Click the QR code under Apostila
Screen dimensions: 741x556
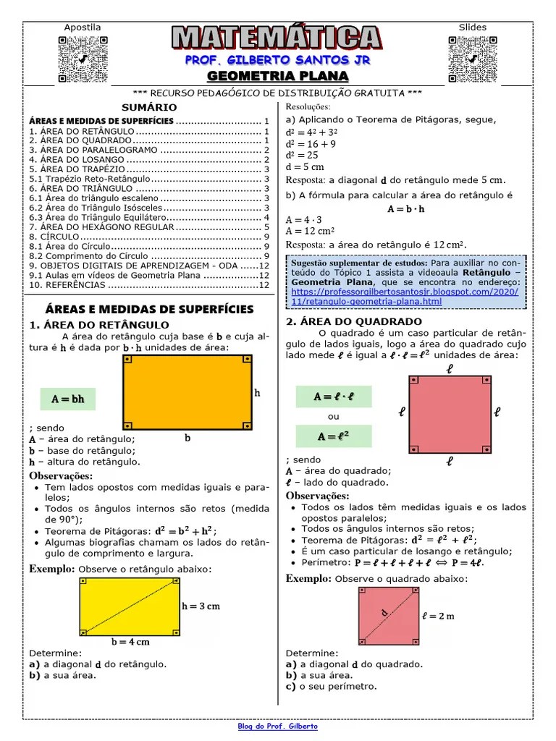(x=82, y=59)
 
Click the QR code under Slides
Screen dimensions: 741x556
(x=472, y=59)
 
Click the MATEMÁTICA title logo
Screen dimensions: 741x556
(x=277, y=38)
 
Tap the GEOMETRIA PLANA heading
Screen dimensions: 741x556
(x=278, y=77)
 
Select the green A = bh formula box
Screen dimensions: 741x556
(x=67, y=399)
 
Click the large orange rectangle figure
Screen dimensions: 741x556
(x=187, y=392)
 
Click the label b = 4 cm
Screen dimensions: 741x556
(x=130, y=642)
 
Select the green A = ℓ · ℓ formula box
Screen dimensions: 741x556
(x=333, y=397)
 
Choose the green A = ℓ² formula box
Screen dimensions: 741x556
(x=333, y=436)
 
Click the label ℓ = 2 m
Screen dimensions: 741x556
(x=439, y=617)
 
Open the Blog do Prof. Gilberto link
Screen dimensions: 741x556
(x=278, y=727)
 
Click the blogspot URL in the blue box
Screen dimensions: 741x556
(x=405, y=296)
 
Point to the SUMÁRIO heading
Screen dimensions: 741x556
(x=149, y=107)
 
